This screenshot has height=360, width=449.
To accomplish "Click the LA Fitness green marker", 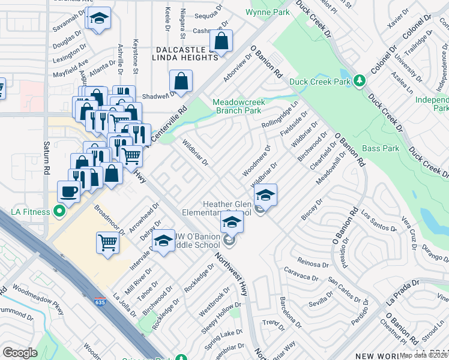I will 59,211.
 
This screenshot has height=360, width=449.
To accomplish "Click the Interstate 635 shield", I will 98,299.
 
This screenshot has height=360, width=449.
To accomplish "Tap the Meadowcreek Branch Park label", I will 237,106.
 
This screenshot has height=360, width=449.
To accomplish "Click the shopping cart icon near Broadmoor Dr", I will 107,243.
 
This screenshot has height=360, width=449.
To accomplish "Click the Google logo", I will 20,353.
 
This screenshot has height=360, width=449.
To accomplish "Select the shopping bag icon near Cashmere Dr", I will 221,41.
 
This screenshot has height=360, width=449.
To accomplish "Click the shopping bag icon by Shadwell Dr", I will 181,81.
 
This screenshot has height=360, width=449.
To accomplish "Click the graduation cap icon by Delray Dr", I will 163,241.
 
